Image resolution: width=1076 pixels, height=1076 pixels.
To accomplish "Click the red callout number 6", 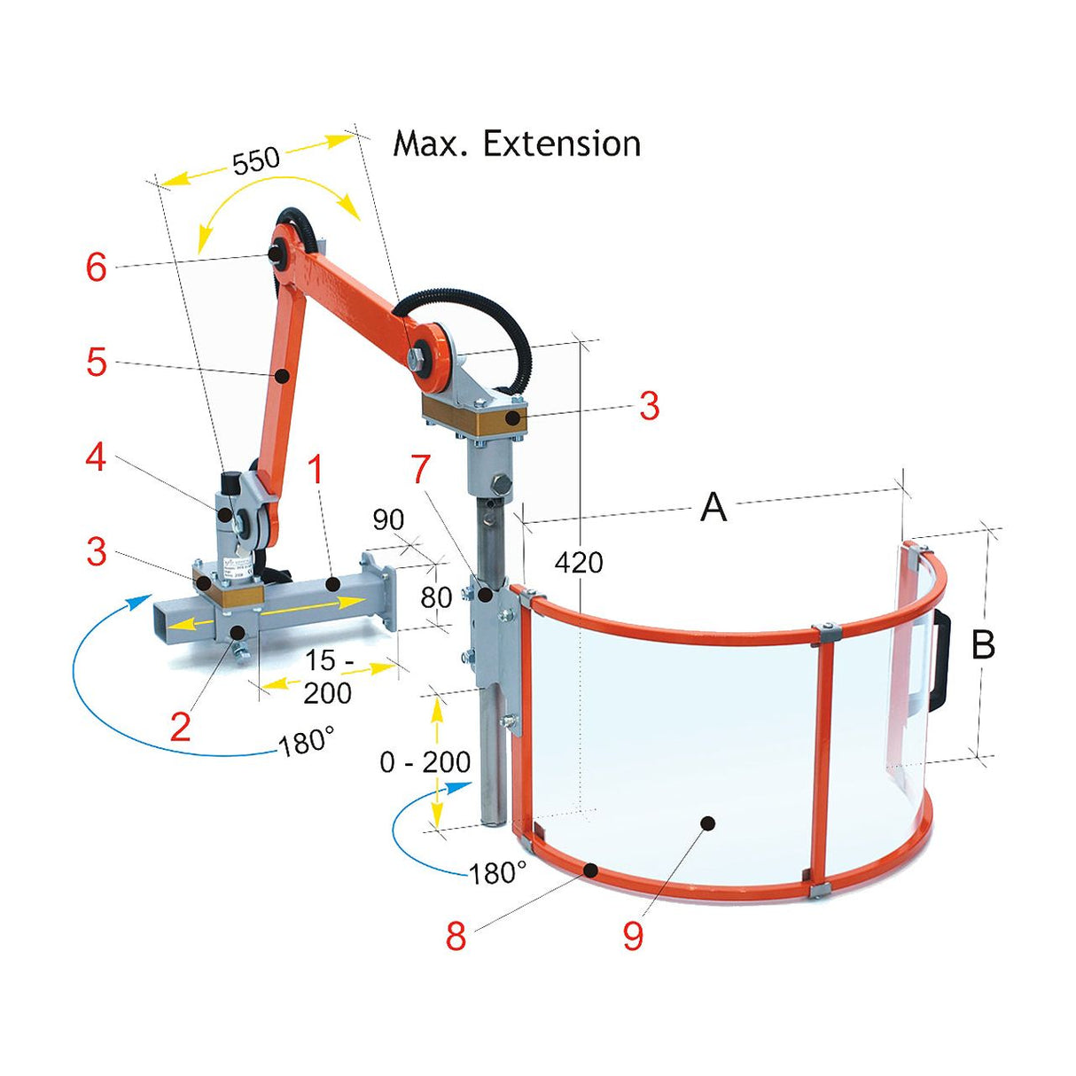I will pyautogui.click(x=97, y=267).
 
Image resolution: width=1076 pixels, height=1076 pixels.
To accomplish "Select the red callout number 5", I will pyautogui.click(x=97, y=362).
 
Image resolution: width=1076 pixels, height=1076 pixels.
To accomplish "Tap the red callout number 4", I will pyautogui.click(x=96, y=457).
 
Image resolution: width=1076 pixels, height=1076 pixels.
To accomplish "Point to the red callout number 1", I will pyautogui.click(x=315, y=471).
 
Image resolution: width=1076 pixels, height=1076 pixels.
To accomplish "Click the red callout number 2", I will pyautogui.click(x=180, y=727).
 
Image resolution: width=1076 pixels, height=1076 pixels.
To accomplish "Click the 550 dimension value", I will pyautogui.click(x=256, y=161).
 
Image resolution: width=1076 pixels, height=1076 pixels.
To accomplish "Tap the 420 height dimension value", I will pyautogui.click(x=579, y=562).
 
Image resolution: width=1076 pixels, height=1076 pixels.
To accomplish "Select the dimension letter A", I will pyautogui.click(x=713, y=508).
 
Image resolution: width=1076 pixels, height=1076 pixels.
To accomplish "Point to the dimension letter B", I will pyautogui.click(x=983, y=645).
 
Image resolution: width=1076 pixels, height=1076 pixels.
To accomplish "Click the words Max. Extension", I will pyautogui.click(x=517, y=144).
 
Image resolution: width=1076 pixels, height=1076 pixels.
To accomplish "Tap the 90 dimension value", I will pyautogui.click(x=388, y=519).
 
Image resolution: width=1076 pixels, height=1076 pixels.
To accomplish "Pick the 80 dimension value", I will pyautogui.click(x=436, y=597).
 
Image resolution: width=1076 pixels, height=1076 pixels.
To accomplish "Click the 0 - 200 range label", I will pyautogui.click(x=425, y=761).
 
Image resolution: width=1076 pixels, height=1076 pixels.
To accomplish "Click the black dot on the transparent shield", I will pyautogui.click(x=707, y=823).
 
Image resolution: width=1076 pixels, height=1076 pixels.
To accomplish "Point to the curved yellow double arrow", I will pyautogui.click(x=277, y=202).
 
